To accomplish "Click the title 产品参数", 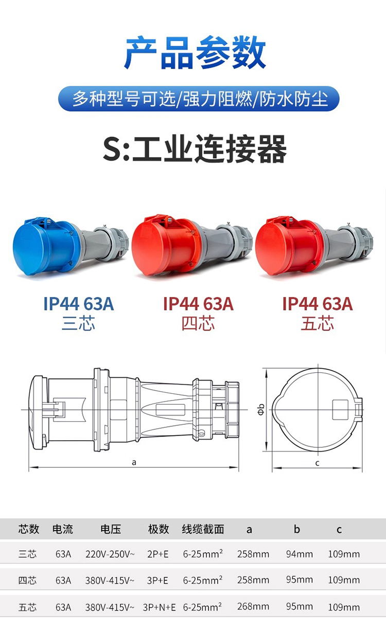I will [x=195, y=53].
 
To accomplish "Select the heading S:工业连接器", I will [x=195, y=149].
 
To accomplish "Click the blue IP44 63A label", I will [x=78, y=304].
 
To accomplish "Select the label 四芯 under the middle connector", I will [x=198, y=324].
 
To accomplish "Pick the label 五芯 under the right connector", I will [x=317, y=324].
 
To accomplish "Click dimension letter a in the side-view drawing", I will [x=134, y=462].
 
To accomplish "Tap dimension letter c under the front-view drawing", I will [x=317, y=463].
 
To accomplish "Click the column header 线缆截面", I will [x=203, y=529].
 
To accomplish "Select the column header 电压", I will [x=110, y=529].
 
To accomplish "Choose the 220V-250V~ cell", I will [x=110, y=554].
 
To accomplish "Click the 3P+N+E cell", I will [x=159, y=608].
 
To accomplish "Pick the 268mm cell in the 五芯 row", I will [x=253, y=606].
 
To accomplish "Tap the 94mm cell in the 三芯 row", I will [x=299, y=554].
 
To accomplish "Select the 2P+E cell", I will [x=157, y=554].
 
